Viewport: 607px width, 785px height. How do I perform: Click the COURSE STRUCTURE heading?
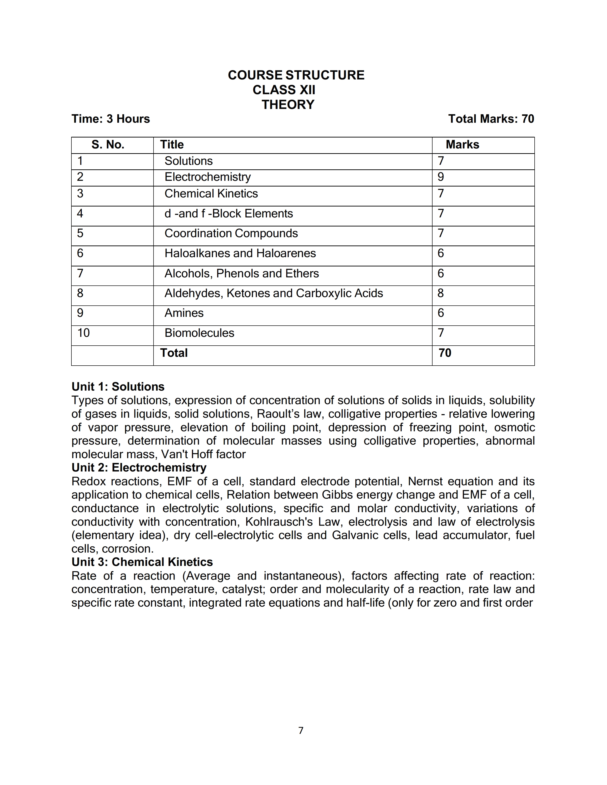[x=296, y=75]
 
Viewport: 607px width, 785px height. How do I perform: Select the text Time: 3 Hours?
[x=110, y=119]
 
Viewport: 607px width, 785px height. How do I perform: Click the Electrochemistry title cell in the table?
[x=208, y=177]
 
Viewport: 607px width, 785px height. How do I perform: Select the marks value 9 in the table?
[x=441, y=177]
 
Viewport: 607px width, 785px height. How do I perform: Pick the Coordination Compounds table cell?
[x=231, y=233]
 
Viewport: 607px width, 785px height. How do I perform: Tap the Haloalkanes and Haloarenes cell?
[x=240, y=253]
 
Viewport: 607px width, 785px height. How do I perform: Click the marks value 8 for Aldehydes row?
[x=441, y=293]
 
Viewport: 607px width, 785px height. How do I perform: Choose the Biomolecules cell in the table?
[x=199, y=333]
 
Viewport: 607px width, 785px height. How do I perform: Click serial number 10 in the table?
[x=83, y=333]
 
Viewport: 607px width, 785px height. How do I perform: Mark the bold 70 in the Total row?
[x=445, y=353]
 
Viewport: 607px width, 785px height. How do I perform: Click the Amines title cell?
[x=184, y=313]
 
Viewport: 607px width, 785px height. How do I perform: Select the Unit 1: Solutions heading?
[x=118, y=387]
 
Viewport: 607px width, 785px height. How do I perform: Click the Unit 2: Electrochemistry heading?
[x=139, y=468]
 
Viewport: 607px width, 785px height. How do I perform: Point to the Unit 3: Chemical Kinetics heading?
[x=142, y=562]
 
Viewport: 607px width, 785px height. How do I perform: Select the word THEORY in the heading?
[x=288, y=105]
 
